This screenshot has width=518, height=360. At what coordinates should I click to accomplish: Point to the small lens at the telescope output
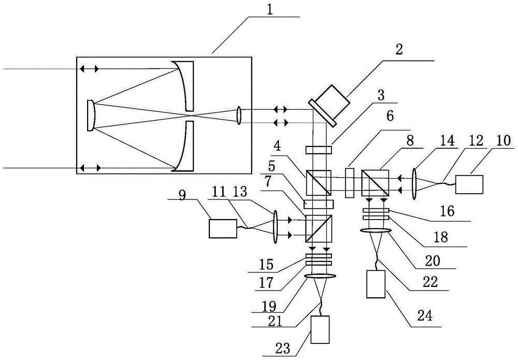click(239, 115)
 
